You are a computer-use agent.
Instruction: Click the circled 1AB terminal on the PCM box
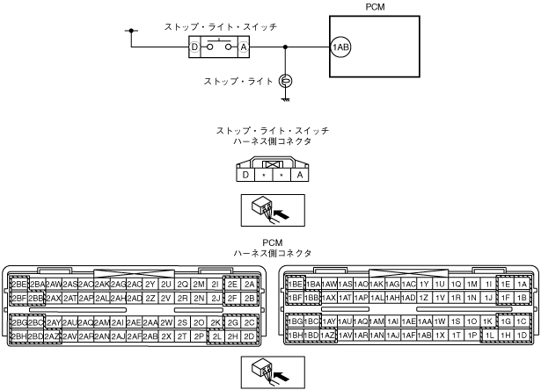click(x=340, y=47)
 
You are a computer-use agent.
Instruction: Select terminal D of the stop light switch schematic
click(x=195, y=46)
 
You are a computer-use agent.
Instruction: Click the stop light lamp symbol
click(x=285, y=82)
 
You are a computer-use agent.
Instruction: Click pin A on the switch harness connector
click(x=301, y=175)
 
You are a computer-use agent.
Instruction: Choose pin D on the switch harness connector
click(x=243, y=175)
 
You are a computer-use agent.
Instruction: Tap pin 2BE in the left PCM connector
click(x=18, y=284)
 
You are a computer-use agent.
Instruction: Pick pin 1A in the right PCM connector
click(x=523, y=284)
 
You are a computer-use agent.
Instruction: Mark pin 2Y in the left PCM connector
click(x=150, y=284)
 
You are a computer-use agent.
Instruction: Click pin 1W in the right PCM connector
click(x=441, y=321)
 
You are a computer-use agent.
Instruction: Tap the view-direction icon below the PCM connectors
click(x=270, y=372)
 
